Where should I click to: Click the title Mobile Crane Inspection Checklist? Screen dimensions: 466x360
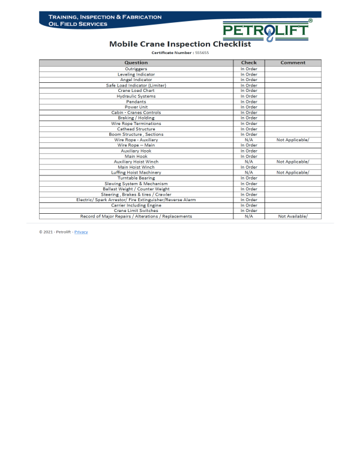coord(179,44)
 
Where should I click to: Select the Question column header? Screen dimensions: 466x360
coord(136,62)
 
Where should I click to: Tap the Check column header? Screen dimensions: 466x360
coord(249,62)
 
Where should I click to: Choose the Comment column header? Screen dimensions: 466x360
coord(293,62)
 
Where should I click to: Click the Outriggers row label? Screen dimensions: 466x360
coord(136,69)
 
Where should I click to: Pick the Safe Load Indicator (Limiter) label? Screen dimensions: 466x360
coord(136,85)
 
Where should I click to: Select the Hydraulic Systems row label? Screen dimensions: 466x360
coord(136,96)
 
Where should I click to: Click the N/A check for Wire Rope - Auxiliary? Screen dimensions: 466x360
coord(249,140)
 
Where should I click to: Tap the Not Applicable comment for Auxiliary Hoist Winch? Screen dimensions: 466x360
coord(293,162)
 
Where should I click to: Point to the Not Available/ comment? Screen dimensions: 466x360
coord(293,216)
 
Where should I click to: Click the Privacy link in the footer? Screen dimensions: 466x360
coord(81,232)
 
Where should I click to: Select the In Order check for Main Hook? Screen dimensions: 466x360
coord(249,156)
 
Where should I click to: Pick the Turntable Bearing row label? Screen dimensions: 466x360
coord(136,178)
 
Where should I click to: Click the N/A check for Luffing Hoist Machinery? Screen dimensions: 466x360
coord(249,172)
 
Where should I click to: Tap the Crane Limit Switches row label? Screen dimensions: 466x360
coord(136,211)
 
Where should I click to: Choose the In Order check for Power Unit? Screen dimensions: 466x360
coord(249,107)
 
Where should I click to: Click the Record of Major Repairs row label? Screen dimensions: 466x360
coord(136,216)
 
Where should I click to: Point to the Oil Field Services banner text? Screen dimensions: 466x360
coord(78,24)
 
